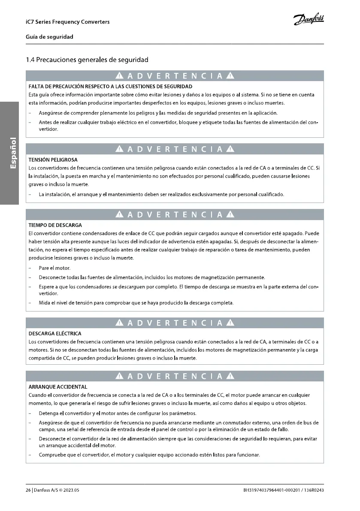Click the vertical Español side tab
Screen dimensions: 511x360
(13, 153)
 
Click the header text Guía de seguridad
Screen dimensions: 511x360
(49, 37)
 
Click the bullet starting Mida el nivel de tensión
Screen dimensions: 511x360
(136, 303)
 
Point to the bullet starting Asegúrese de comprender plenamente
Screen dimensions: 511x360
(158, 113)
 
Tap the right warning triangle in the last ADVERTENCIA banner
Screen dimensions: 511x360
(231, 377)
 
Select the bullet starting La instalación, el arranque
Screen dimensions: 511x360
(161, 195)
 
